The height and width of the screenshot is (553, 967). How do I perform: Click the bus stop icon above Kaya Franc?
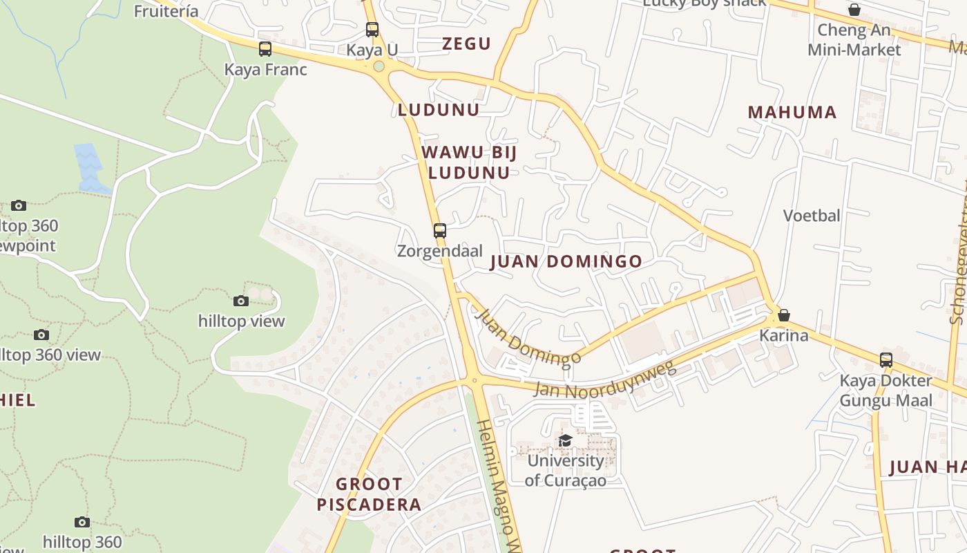[265, 49]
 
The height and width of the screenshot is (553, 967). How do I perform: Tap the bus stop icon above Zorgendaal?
[440, 230]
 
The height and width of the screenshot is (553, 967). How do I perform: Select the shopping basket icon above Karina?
[784, 315]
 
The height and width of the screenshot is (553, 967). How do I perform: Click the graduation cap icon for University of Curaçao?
[566, 440]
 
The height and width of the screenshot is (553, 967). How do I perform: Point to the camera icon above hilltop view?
[241, 301]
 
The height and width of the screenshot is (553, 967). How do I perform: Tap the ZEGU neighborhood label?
[466, 44]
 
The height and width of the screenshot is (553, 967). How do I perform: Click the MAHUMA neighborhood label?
[792, 112]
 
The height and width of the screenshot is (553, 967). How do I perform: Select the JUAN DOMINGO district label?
[566, 261]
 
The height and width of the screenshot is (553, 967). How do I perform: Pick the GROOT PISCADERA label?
[369, 494]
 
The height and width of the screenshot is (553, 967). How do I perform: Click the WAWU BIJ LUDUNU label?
[469, 162]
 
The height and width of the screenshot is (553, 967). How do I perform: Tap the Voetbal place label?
[812, 216]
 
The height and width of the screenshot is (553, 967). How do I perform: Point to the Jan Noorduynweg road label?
[605, 380]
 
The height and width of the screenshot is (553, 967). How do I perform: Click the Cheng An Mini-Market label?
[854, 40]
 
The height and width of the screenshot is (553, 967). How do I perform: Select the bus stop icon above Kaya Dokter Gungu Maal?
[886, 360]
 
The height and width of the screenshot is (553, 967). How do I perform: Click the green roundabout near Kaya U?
[379, 67]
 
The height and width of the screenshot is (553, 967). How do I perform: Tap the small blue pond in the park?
[90, 167]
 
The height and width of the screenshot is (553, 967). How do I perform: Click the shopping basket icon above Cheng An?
[854, 10]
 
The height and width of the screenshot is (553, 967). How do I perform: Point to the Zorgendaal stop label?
[439, 251]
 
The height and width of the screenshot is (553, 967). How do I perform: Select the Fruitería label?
[166, 11]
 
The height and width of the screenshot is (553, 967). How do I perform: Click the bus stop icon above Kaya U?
[372, 30]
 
